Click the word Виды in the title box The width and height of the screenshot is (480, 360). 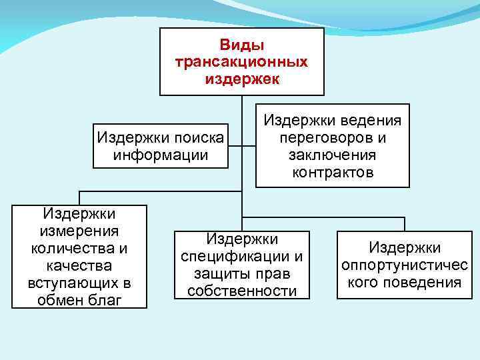tap(241, 45)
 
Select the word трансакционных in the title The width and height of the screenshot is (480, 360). tap(241, 62)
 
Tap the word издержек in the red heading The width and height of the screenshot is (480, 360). tap(241, 79)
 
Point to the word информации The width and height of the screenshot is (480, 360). tap(161, 155)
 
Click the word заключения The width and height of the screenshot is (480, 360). tap(333, 155)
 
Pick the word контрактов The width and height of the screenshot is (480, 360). tap(333, 172)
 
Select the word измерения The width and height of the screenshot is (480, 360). tap(79, 231)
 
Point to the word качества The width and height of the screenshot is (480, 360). tap(79, 266)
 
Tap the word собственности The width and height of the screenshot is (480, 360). tap(242, 291)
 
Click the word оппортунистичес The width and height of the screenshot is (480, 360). tap(405, 265)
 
